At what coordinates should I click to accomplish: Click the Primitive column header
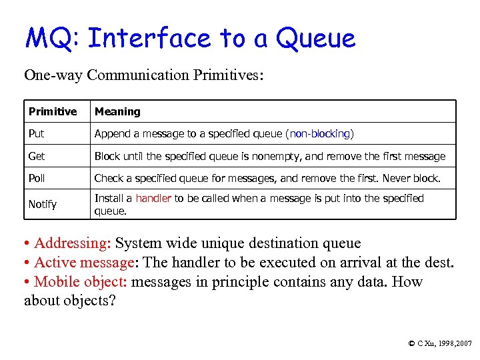coord(53,111)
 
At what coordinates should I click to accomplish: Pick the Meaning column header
coord(117,111)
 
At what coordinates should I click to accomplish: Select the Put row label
coord(37,133)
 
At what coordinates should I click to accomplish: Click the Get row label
coord(37,156)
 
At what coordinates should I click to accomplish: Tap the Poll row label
coord(37,178)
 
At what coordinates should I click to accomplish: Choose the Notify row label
coord(43,204)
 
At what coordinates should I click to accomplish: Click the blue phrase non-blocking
coord(319,133)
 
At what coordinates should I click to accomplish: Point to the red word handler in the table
coord(153,198)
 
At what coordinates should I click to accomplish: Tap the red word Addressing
coord(72,243)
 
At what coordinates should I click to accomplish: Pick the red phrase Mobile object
coord(80,281)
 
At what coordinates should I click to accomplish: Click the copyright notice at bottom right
coord(439,343)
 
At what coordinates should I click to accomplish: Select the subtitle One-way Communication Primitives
coord(144,75)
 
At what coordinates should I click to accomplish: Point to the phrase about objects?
coord(70,301)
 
